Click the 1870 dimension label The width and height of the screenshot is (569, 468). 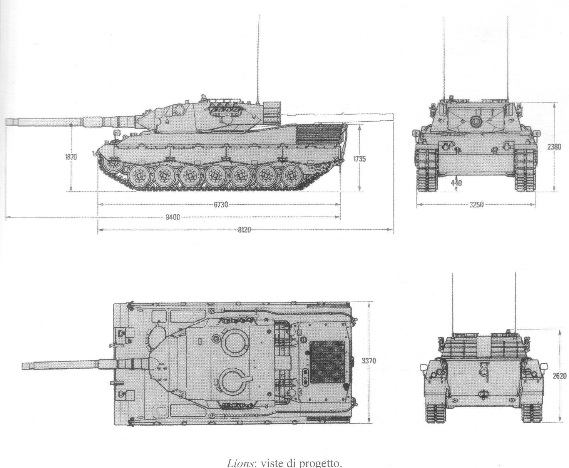pos(71,157)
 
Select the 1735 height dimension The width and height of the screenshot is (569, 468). pos(359,159)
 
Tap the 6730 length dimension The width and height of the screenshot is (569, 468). pos(221,205)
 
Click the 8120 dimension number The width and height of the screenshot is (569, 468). pos(245,230)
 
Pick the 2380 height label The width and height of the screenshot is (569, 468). pos(554,147)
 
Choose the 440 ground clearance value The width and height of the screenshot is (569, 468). pos(456,183)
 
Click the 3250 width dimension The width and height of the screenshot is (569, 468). pos(476,205)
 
